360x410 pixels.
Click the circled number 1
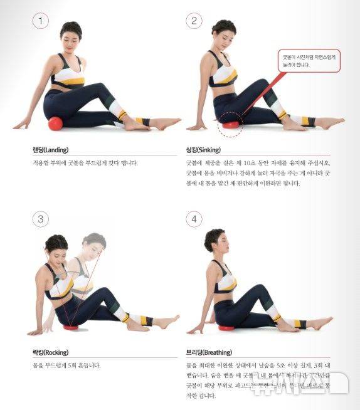(41, 21)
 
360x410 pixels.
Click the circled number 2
(194, 21)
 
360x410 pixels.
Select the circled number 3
(41, 219)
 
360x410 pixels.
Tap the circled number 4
(194, 219)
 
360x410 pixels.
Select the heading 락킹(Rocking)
(51, 352)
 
